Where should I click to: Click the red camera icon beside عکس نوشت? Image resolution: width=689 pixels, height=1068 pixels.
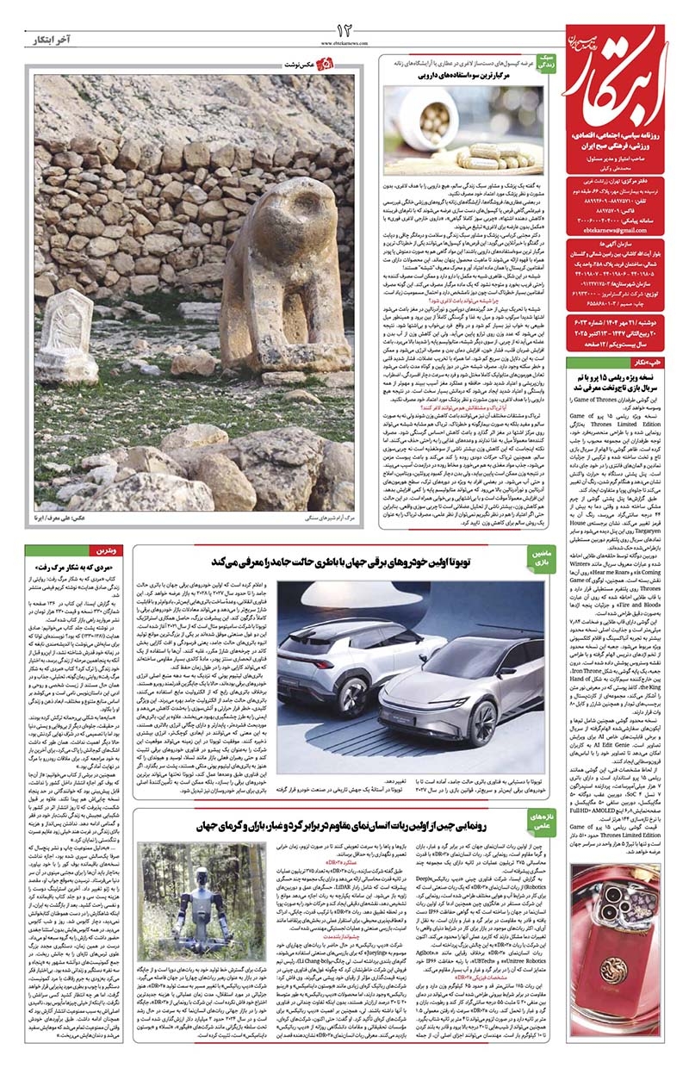click(325, 65)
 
